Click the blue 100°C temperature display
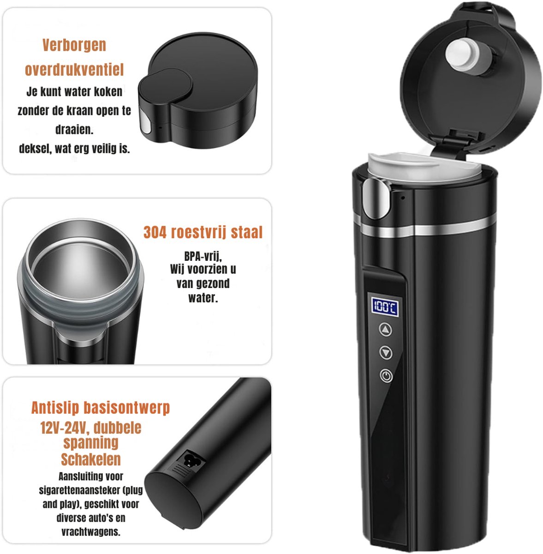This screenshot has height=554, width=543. click(385, 307)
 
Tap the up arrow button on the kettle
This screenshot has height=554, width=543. click(386, 330)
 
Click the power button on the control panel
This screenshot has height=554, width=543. click(387, 376)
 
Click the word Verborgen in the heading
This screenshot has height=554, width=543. click(74, 45)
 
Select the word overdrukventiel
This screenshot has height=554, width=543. click(74, 70)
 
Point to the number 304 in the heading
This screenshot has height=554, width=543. click(155, 232)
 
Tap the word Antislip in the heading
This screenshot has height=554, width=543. click(55, 408)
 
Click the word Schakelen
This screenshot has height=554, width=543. click(91, 459)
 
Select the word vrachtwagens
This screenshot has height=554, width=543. click(91, 532)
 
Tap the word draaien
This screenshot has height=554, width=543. click(74, 130)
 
